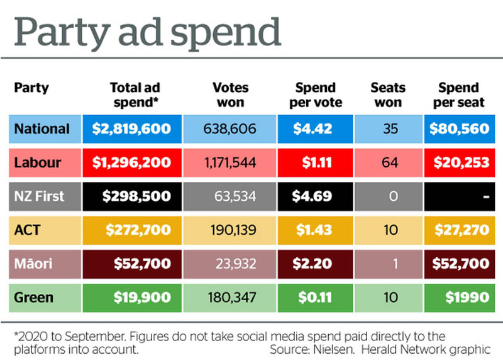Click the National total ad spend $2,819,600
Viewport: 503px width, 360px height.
tap(131, 129)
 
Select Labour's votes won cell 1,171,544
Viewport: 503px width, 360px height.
tap(230, 163)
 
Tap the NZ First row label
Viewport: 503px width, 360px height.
tap(39, 196)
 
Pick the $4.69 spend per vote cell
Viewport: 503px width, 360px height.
tap(312, 196)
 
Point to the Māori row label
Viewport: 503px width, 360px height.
tap(34, 264)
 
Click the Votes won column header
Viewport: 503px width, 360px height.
tap(230, 94)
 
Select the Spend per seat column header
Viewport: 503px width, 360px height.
tap(458, 94)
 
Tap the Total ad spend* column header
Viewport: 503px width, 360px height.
tap(131, 94)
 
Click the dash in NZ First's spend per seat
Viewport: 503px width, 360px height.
tap(485, 196)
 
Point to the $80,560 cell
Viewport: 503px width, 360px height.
tap(458, 129)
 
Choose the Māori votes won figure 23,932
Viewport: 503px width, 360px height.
tap(230, 264)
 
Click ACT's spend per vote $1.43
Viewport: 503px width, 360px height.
tap(312, 230)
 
